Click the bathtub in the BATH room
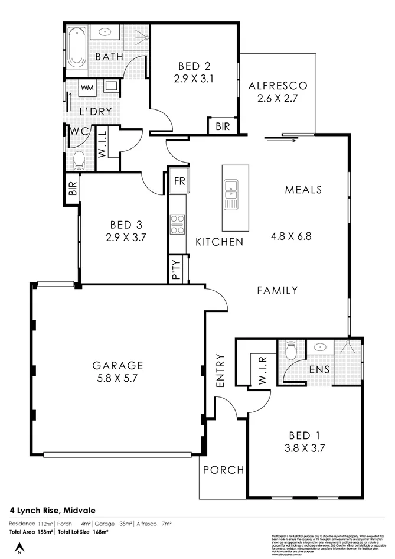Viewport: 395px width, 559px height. coord(76,47)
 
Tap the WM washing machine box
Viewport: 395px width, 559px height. coord(87,88)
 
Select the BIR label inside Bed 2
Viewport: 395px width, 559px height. coord(223,126)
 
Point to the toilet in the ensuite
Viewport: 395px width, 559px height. coord(290,352)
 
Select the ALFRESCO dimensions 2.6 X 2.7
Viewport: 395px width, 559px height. coord(278,99)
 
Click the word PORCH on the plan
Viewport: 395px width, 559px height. coord(223,470)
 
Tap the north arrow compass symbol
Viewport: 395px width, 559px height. coord(19,548)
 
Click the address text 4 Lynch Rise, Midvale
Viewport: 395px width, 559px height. coord(53,509)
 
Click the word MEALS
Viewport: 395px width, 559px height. coord(303,190)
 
